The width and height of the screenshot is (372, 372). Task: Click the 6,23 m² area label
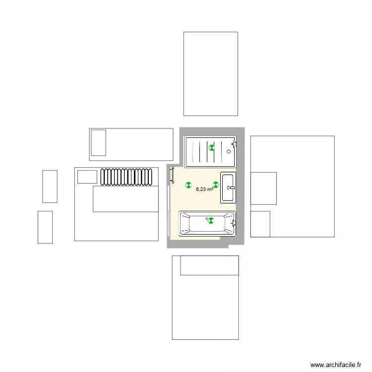pos(204,189)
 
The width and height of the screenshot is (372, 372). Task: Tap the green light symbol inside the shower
pos(211,147)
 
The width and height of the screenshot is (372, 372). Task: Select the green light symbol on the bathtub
pos(210,221)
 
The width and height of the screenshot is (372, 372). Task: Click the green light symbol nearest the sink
pos(216,185)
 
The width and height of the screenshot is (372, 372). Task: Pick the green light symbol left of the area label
pos(188,185)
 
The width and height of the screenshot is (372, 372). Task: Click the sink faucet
pos(231,188)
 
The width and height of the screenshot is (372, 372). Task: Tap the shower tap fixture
pos(234,145)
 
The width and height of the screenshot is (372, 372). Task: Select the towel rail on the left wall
pos(173,175)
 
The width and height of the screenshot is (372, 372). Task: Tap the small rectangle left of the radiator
pos(87,177)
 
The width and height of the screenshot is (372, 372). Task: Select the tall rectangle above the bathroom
pos(210,74)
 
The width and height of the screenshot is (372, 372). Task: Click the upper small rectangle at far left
pos(50,186)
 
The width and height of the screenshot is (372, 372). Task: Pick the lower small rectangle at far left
pos(45,227)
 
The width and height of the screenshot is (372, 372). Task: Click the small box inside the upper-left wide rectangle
pos(98,143)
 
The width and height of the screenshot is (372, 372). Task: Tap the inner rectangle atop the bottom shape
pos(209,265)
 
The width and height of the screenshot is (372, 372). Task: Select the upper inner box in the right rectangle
pos(263,188)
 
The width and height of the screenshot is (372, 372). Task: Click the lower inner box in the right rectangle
pos(260,224)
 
